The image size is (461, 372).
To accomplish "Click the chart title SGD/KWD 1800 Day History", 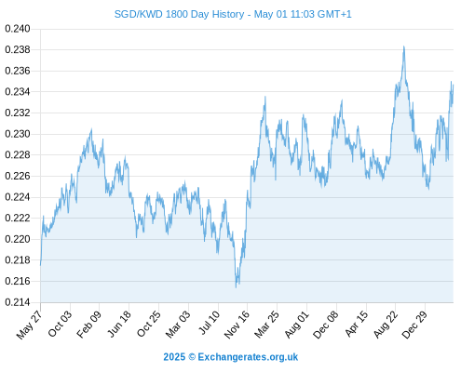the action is pyautogui.click(x=179, y=14).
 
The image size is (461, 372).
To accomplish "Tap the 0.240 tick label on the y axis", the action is pyautogui.click(x=18, y=29).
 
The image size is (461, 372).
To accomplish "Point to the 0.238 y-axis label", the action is pyautogui.click(x=18, y=49).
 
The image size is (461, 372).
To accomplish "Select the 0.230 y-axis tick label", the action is pyautogui.click(x=18, y=134).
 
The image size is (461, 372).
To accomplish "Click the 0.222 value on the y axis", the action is pyautogui.click(x=18, y=218).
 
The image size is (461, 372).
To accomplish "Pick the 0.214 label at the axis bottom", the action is pyautogui.click(x=18, y=302).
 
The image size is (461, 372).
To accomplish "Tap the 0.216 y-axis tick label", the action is pyautogui.click(x=18, y=281).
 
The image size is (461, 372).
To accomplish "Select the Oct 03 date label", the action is pyautogui.click(x=60, y=324).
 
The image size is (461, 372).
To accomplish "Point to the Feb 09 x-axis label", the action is pyautogui.click(x=88, y=325).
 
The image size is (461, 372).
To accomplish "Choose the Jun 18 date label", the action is pyautogui.click(x=119, y=324).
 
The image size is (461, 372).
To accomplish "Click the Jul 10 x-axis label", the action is pyautogui.click(x=209, y=323).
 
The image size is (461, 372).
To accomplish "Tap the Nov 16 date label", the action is pyautogui.click(x=237, y=325).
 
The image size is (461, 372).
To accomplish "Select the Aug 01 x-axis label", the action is pyautogui.click(x=297, y=325).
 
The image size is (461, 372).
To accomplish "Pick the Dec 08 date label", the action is pyautogui.click(x=326, y=325).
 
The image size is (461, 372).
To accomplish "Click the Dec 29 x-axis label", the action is pyautogui.click(x=414, y=325).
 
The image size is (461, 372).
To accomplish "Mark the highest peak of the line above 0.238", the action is pyautogui.click(x=404, y=46).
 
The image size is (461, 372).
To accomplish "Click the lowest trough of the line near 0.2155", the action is pyautogui.click(x=236, y=287).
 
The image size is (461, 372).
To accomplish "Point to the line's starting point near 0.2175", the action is pyautogui.click(x=40, y=265).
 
